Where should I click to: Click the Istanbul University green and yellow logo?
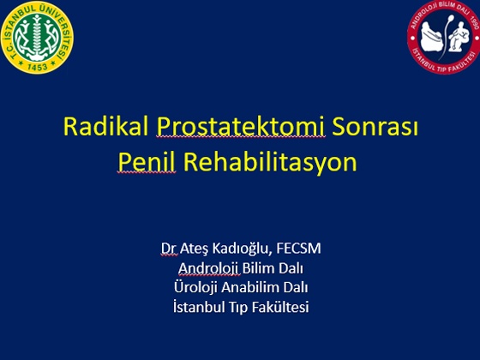[37, 38]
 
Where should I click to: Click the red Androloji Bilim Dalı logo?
[444, 37]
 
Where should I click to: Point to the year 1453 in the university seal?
[38, 67]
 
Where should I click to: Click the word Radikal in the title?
[105, 126]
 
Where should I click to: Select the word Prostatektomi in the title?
[241, 127]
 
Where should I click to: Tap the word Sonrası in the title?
[375, 126]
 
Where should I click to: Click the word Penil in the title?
[147, 162]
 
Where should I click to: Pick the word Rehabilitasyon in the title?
[270, 162]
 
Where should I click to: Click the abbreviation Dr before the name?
[169, 249]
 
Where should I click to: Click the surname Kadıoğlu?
[242, 249]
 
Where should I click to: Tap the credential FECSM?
[298, 248]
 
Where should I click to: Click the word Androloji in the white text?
[208, 268]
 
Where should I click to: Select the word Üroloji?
[195, 287]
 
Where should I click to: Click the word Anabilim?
[250, 287]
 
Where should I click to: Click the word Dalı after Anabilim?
[296, 287]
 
